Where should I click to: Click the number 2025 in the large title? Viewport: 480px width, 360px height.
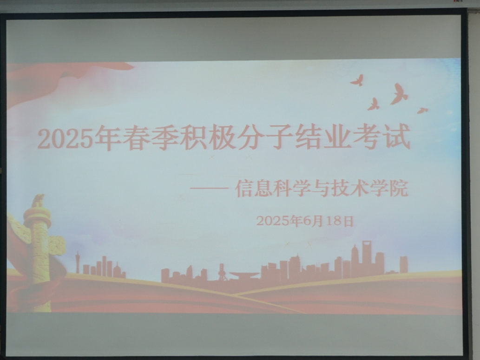coord(65,139)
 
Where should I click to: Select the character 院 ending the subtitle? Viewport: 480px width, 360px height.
coord(399,188)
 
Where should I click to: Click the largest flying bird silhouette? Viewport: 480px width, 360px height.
coord(399,94)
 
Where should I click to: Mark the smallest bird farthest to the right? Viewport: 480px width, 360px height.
coord(422,110)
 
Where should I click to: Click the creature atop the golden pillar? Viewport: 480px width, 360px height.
coord(38,201)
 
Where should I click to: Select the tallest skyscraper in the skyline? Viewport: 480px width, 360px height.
coord(367,257)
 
